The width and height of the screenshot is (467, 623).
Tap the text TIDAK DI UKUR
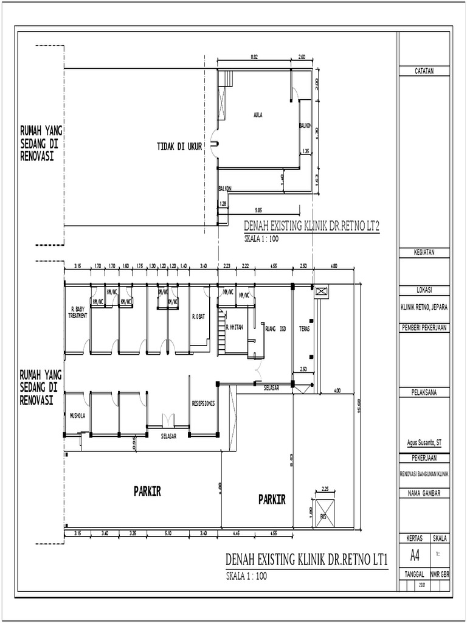tap(179, 147)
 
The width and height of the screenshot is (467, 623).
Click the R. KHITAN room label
tap(234, 327)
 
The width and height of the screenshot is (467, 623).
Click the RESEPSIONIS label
tap(203, 403)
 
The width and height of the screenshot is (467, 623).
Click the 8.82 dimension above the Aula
tap(254, 57)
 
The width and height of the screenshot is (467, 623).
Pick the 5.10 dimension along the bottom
tap(168, 534)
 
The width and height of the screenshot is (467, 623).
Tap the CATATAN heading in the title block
tap(424, 72)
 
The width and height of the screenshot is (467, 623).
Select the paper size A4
tap(415, 555)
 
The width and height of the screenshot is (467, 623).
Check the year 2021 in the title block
tap(422, 585)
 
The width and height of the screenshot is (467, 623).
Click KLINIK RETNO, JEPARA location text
tap(424, 307)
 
